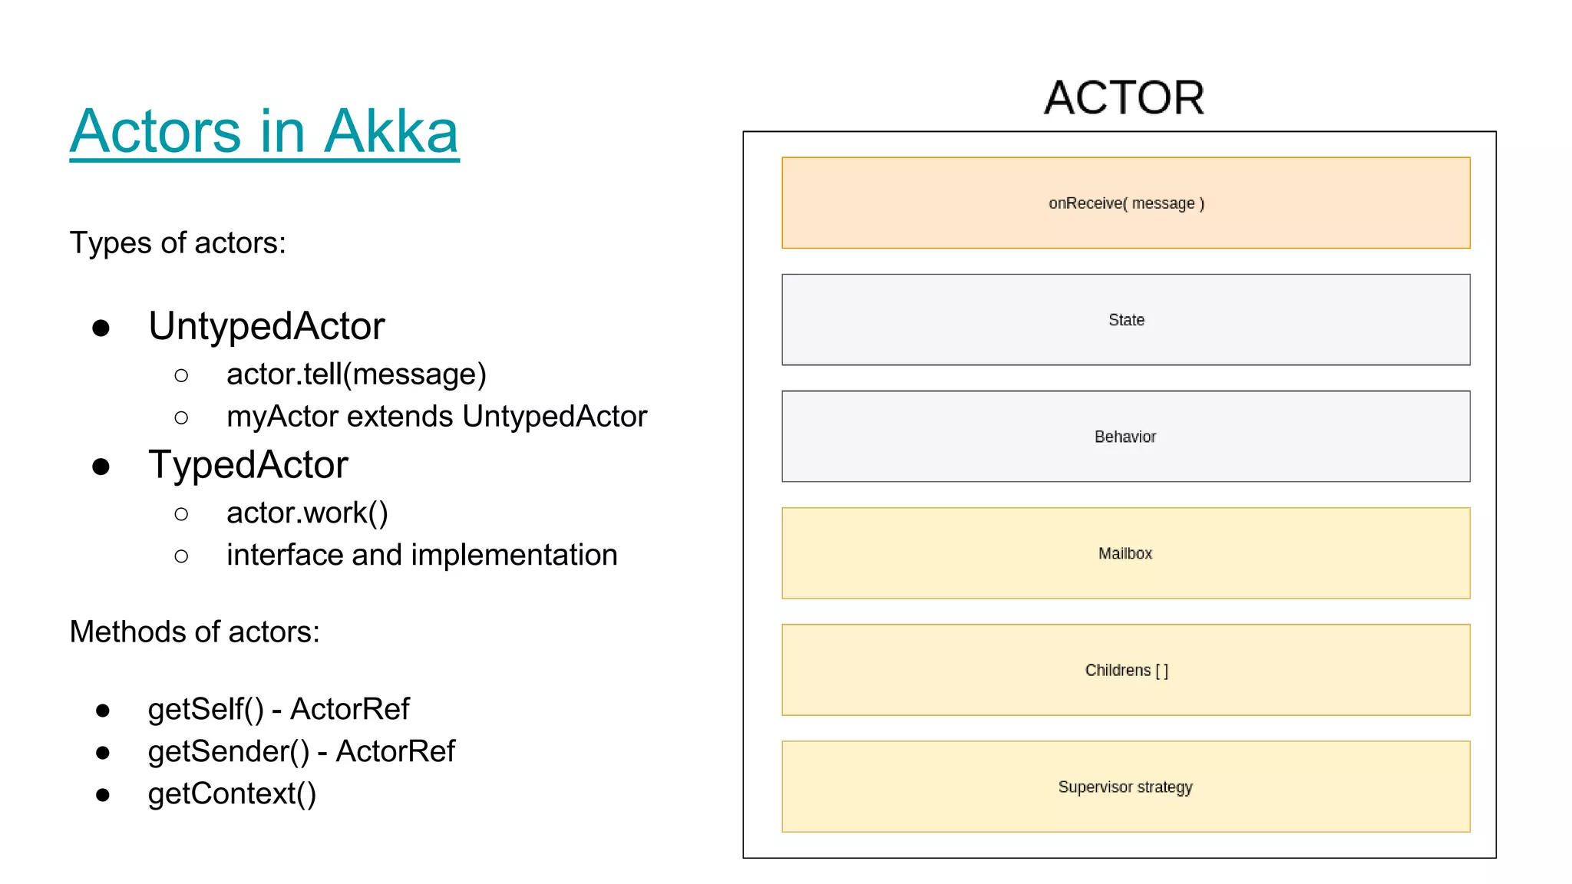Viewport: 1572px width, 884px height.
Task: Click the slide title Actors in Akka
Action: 264,132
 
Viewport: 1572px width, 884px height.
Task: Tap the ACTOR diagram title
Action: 1124,98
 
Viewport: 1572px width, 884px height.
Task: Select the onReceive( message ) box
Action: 1125,203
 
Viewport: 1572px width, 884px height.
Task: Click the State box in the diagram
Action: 1125,319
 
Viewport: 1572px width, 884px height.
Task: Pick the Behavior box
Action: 1125,436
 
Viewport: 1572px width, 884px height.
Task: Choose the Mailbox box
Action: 1125,552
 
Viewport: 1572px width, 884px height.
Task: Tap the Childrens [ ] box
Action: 1125,669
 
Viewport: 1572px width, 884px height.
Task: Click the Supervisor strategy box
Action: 1125,786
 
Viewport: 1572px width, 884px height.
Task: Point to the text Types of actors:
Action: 177,243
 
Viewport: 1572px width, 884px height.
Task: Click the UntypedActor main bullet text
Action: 266,326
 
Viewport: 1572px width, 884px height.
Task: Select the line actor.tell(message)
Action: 356,374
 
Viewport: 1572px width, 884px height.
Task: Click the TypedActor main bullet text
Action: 248,465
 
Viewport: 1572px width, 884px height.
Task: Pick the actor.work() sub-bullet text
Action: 307,513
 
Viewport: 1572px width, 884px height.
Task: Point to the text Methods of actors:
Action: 194,632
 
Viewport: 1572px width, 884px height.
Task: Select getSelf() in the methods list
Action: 205,710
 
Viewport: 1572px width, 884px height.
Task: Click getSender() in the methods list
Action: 228,752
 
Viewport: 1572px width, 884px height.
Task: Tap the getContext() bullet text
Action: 232,794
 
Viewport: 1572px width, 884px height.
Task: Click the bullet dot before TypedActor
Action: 101,467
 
